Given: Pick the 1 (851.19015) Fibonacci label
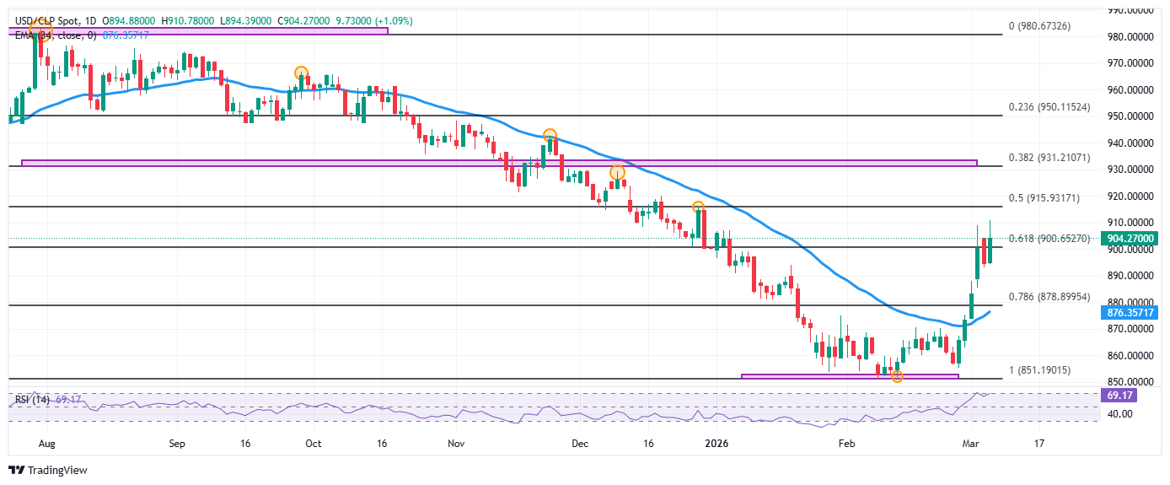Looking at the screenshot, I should click(x=1051, y=370).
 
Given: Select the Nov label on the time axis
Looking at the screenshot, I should click(x=455, y=443).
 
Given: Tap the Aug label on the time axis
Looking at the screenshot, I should click(x=47, y=443).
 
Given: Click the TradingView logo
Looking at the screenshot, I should click(x=48, y=470).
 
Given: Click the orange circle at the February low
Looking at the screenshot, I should click(x=897, y=376).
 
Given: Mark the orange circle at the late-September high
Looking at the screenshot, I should click(x=301, y=73).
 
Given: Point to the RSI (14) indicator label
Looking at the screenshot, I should click(x=30, y=398).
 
